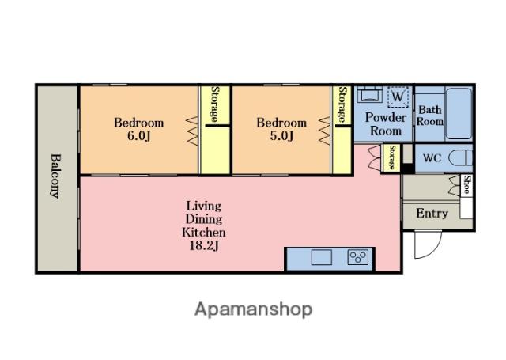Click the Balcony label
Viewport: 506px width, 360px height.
point(55,176)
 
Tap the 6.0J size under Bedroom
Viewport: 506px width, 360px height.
point(139,136)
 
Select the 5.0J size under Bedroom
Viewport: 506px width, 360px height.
point(281,136)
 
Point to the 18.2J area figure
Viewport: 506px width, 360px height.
point(204,246)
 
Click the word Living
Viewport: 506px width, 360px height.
point(204,206)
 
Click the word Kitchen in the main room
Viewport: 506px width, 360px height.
point(204,233)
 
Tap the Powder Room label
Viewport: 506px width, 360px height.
point(386,124)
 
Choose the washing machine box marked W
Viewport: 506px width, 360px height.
point(398,97)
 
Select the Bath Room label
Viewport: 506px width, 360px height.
point(429,116)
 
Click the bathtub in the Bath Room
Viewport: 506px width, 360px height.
point(459,113)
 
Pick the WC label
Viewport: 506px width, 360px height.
point(432,158)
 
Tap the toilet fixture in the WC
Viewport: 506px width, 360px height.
point(461,158)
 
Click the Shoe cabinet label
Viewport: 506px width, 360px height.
point(466,184)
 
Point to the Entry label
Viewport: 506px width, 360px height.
point(432,214)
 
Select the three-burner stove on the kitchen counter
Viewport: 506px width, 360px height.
point(358,258)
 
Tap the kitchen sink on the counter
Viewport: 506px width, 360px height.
point(322,257)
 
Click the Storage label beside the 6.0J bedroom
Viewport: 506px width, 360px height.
point(215,104)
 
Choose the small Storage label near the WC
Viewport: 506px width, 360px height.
point(392,157)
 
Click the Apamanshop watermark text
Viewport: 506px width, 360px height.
point(253,309)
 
